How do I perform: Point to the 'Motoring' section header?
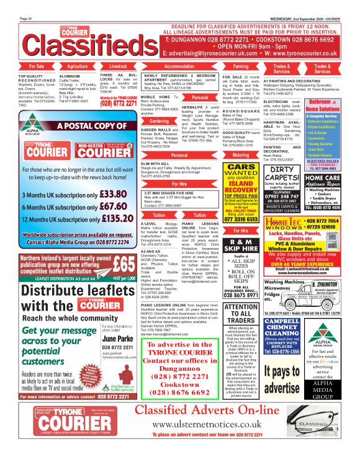(241, 156)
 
